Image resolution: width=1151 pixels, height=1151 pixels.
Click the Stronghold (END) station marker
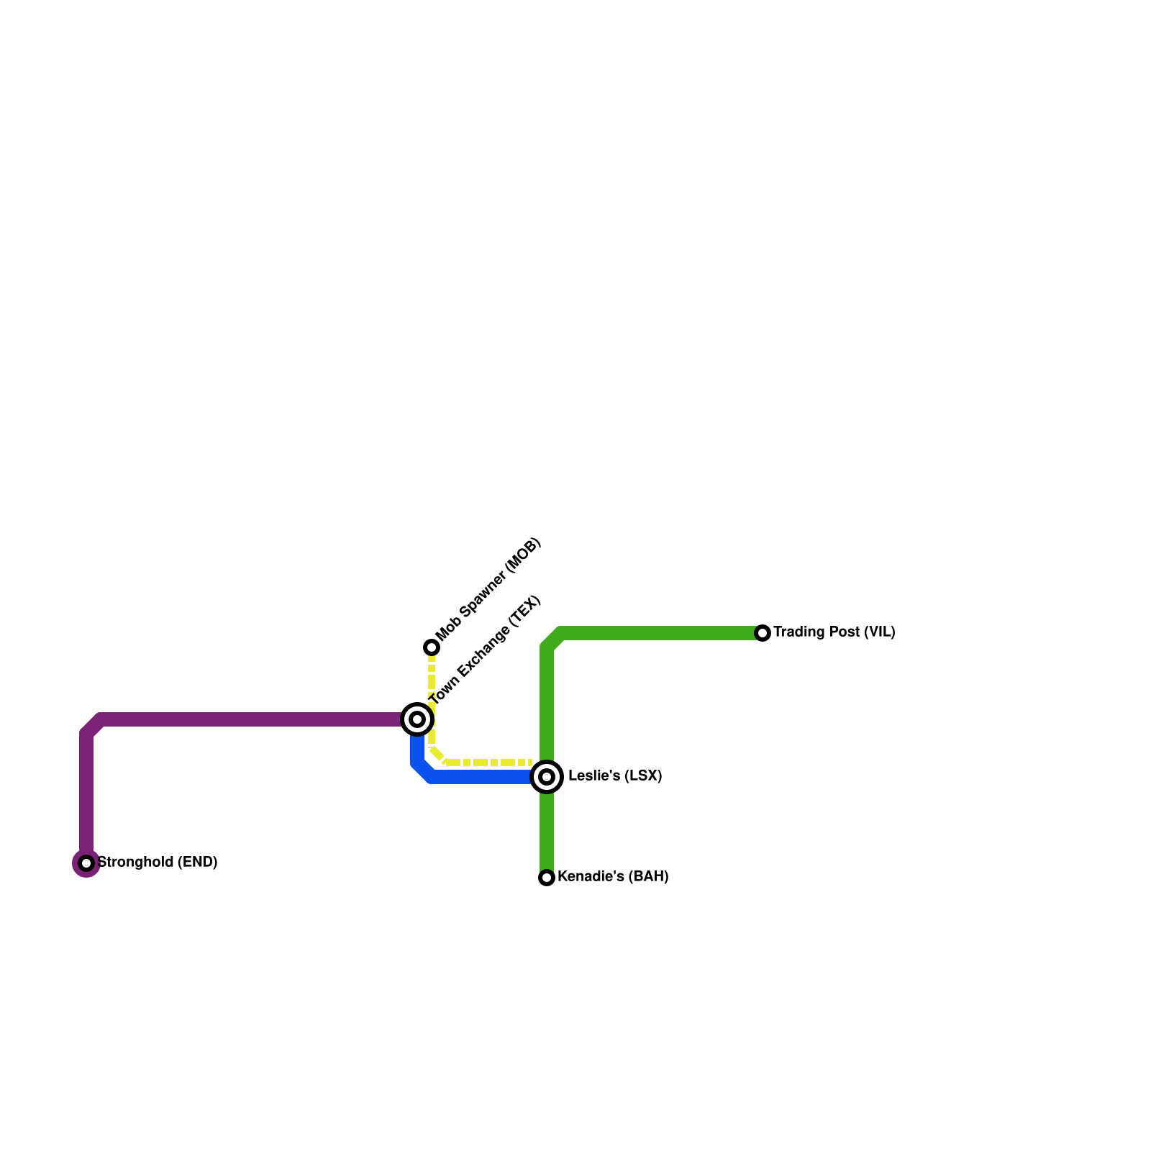click(86, 863)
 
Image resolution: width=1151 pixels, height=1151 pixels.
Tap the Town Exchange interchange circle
click(417, 719)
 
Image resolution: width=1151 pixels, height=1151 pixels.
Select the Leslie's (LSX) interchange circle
click(547, 777)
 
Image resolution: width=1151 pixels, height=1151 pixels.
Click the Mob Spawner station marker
click(432, 647)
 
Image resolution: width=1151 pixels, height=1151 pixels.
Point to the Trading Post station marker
click(763, 633)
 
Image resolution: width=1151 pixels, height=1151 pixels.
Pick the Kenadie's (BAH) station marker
click(547, 878)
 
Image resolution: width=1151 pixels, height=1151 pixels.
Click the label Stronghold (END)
click(157, 862)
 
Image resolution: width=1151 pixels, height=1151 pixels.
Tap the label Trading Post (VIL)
click(834, 632)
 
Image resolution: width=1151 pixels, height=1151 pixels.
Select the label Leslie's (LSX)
click(614, 776)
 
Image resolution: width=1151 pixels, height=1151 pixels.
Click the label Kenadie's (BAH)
click(613, 876)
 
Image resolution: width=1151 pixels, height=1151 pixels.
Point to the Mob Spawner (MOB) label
click(488, 589)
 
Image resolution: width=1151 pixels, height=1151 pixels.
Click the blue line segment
click(482, 777)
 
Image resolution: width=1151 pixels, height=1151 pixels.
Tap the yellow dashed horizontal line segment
click(489, 763)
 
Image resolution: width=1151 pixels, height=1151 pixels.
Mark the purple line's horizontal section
click(252, 719)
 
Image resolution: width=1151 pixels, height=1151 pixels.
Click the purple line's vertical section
click(86, 791)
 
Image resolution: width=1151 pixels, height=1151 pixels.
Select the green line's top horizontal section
click(662, 633)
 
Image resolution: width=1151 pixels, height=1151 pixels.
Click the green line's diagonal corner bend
click(553, 640)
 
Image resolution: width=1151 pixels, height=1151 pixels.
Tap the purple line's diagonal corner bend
click(93, 727)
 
